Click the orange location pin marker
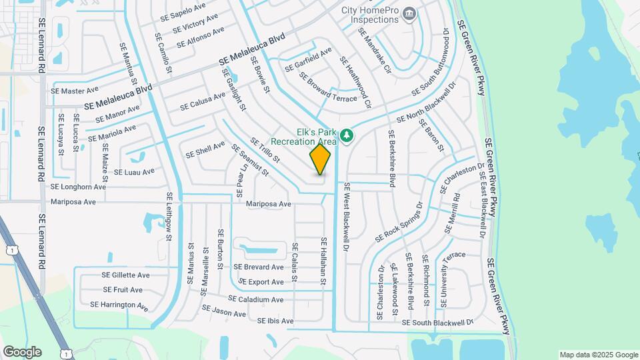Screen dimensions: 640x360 point(321,159)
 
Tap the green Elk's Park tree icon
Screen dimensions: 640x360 point(347,136)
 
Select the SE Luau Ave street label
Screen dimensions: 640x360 point(134,171)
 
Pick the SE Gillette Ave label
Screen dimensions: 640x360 point(125,275)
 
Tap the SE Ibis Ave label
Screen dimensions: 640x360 point(275,321)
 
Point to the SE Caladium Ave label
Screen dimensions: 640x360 point(256,299)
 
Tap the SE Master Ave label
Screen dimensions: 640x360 point(75,90)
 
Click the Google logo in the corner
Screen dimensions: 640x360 point(22,351)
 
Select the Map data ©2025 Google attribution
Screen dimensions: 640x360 point(598,355)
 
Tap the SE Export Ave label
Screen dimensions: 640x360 point(259,282)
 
